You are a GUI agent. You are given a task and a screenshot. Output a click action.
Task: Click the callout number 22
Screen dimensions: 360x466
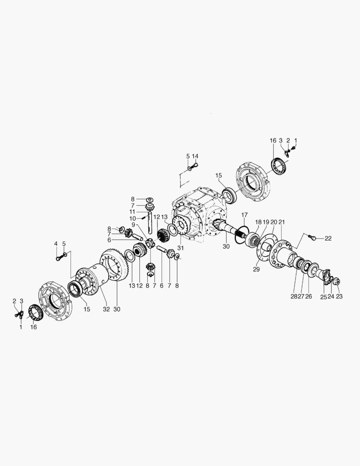point(328,238)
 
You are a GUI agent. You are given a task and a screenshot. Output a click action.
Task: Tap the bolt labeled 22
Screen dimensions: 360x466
point(312,237)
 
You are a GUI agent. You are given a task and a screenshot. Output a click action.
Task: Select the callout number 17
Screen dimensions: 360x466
point(244,214)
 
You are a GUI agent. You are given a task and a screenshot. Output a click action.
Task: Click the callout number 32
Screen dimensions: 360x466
point(106,309)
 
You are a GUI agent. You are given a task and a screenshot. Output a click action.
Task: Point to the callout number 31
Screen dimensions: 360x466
point(181,248)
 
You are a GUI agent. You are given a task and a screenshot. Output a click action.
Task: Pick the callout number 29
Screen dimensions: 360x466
point(257,269)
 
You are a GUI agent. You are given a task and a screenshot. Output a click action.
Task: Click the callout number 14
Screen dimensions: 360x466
point(195,156)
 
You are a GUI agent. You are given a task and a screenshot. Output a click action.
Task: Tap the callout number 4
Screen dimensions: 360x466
point(56,244)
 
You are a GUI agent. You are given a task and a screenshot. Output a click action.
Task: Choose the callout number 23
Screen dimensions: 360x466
point(339,296)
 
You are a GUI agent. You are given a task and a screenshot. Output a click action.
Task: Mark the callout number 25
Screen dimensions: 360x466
point(323,296)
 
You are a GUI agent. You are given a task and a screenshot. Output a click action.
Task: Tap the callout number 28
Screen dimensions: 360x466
point(294,296)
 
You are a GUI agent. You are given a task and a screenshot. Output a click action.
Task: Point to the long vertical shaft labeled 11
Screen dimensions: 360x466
point(150,223)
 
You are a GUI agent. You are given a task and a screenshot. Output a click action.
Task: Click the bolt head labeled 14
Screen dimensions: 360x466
point(195,164)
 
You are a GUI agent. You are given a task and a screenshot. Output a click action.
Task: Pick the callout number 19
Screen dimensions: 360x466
point(266,222)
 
